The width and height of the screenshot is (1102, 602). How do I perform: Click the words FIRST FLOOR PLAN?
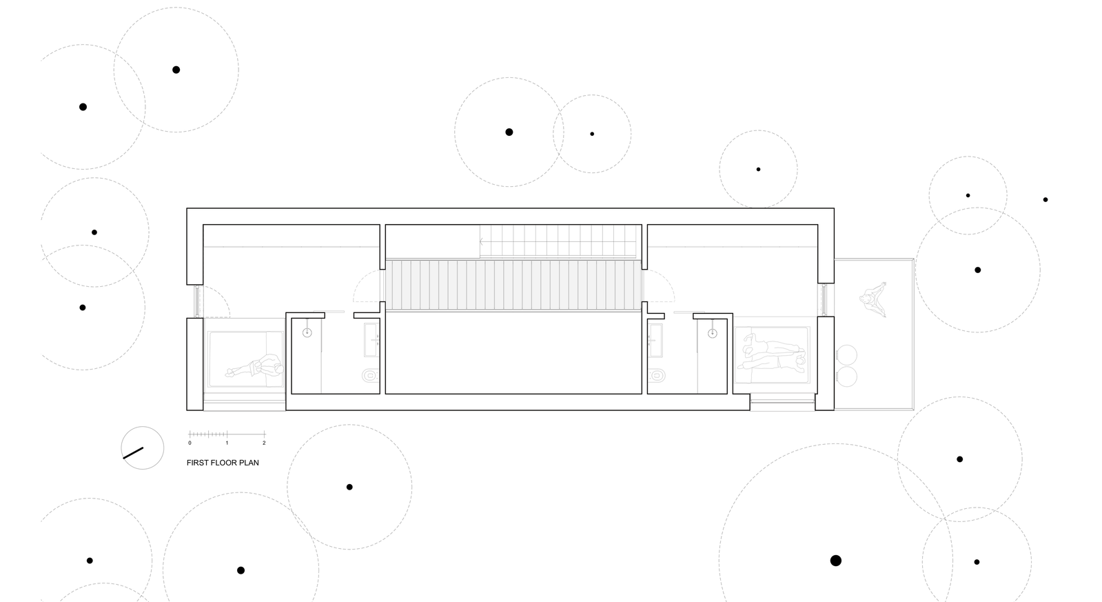pos(223,463)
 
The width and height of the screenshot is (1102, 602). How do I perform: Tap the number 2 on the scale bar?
pos(264,443)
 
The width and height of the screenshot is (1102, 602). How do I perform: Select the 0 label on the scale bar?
pos(190,443)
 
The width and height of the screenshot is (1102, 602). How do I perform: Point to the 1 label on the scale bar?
pos(227,443)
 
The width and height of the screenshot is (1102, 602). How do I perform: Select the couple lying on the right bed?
pos(773,351)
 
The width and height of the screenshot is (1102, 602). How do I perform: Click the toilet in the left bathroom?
pos(371,376)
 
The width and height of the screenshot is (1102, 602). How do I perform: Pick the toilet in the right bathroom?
pos(656,376)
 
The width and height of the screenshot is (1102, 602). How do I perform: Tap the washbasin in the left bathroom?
pos(371,340)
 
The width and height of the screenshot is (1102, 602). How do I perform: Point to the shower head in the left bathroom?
pos(307,333)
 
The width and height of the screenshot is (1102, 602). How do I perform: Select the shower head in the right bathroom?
pos(713,333)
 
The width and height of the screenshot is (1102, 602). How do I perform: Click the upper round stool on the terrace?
pos(847,355)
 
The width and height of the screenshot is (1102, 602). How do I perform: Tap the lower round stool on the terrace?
pos(847,377)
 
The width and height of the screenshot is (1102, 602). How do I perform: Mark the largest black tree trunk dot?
pos(836,561)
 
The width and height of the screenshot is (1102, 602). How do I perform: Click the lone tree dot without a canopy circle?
pos(1045,200)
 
